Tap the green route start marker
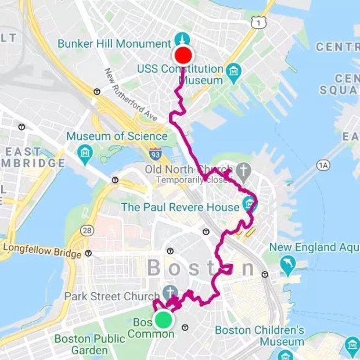(164, 319)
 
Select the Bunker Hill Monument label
(114, 44)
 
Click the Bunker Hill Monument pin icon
(182, 41)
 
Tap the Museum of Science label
(116, 137)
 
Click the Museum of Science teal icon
(85, 153)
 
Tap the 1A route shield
(323, 165)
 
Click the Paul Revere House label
(180, 207)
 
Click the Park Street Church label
(112, 296)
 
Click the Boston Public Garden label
(81, 344)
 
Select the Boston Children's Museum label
(260, 336)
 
